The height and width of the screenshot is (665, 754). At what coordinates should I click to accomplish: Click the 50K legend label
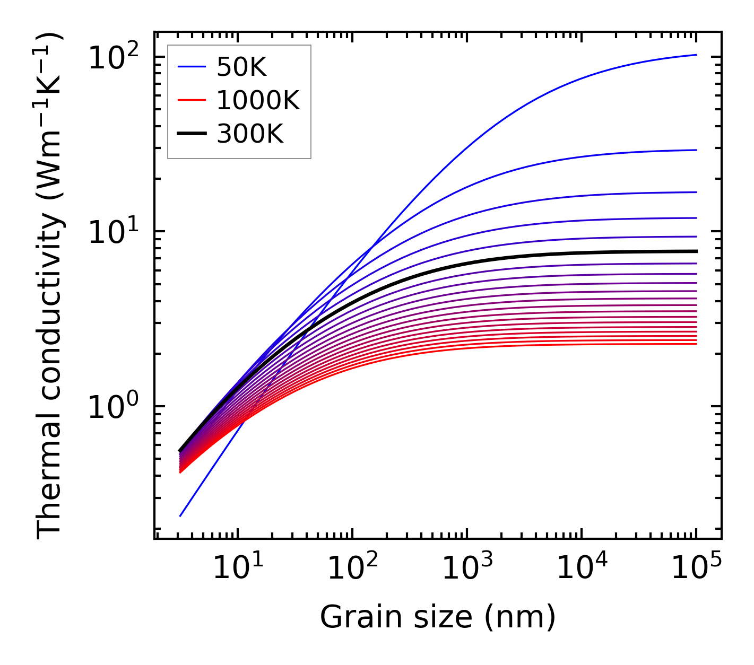241,67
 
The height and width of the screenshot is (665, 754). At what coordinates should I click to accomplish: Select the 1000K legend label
258,101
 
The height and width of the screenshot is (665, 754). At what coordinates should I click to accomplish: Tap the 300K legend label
250,134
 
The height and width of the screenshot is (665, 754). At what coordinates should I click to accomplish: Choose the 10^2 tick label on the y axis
112,57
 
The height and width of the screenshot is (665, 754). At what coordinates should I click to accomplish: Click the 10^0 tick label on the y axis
112,407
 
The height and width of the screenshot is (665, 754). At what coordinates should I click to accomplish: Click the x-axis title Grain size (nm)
438,617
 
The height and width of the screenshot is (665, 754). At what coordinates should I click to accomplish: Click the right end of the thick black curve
696,251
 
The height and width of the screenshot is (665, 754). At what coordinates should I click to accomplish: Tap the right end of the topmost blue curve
696,55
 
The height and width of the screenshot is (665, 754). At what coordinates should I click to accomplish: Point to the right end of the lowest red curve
696,344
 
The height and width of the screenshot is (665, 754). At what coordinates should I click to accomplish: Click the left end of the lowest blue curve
180,516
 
